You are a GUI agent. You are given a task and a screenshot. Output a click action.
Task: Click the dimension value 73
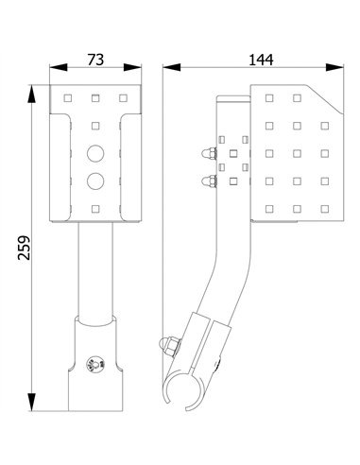click(96, 59)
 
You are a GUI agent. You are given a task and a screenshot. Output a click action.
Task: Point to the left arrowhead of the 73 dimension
click(52, 69)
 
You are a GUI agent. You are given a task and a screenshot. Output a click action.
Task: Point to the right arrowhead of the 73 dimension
click(137, 69)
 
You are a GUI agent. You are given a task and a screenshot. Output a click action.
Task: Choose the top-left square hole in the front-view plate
click(69, 97)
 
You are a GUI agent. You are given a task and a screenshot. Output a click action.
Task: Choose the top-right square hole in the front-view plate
click(122, 97)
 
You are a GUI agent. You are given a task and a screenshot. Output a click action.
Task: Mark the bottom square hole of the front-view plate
click(95, 207)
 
